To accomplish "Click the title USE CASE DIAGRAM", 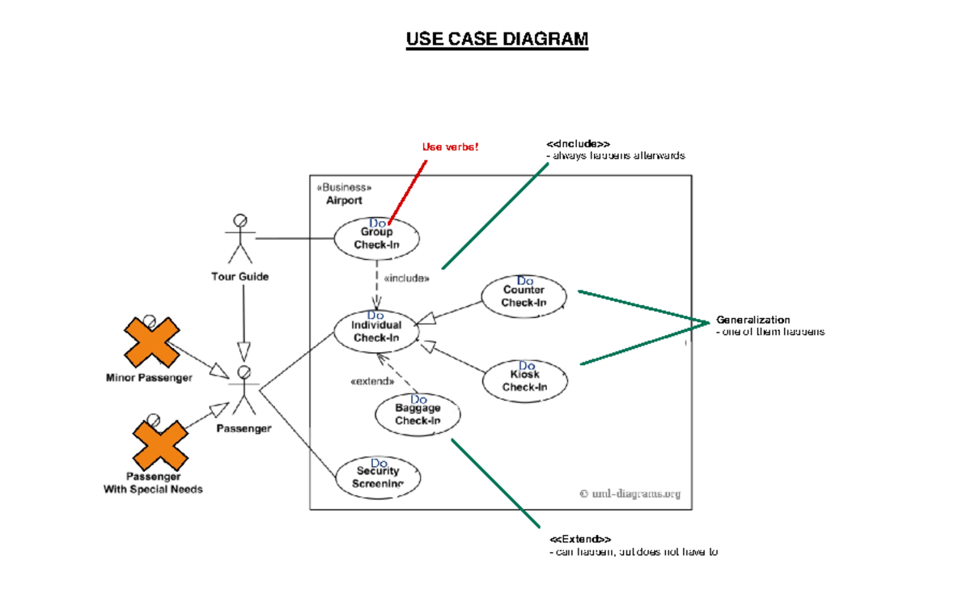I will tap(497, 39).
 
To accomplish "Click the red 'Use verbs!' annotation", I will tap(451, 146).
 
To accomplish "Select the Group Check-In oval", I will tap(377, 238).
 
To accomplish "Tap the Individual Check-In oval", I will tap(376, 331).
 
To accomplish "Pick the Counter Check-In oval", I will tap(524, 296).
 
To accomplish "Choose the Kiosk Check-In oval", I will tap(525, 380).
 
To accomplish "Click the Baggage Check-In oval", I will tap(418, 414).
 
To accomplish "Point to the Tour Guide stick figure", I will tap(240, 239).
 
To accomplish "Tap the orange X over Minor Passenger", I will tap(151, 342).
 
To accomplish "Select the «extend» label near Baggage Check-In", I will tap(371, 381).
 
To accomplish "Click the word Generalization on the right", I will tap(753, 320).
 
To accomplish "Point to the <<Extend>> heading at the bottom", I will tap(580, 539).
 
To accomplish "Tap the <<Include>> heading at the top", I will tap(578, 144).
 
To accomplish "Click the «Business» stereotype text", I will tap(345, 187).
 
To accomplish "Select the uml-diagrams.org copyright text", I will tap(630, 493).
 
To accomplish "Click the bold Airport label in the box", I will tap(344, 200).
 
